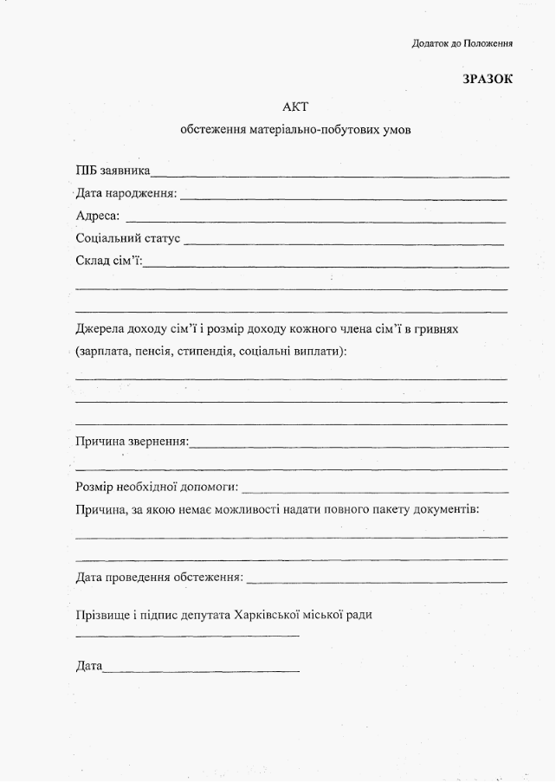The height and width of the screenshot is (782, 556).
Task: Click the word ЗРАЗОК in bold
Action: [488, 79]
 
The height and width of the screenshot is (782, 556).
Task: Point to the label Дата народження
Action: [126, 192]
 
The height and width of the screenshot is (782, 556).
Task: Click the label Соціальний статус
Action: [127, 237]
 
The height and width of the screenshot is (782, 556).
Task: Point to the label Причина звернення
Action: [132, 441]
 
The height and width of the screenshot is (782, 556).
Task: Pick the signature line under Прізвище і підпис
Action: [187, 637]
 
